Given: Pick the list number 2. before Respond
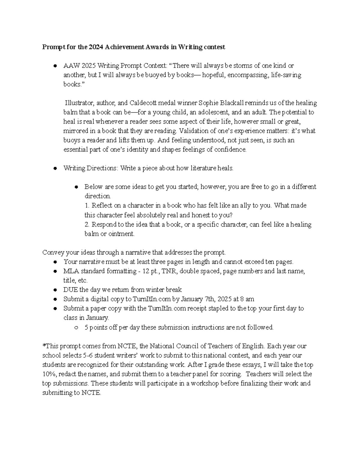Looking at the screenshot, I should [x=87, y=224].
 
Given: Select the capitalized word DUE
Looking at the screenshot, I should [x=70, y=290].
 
